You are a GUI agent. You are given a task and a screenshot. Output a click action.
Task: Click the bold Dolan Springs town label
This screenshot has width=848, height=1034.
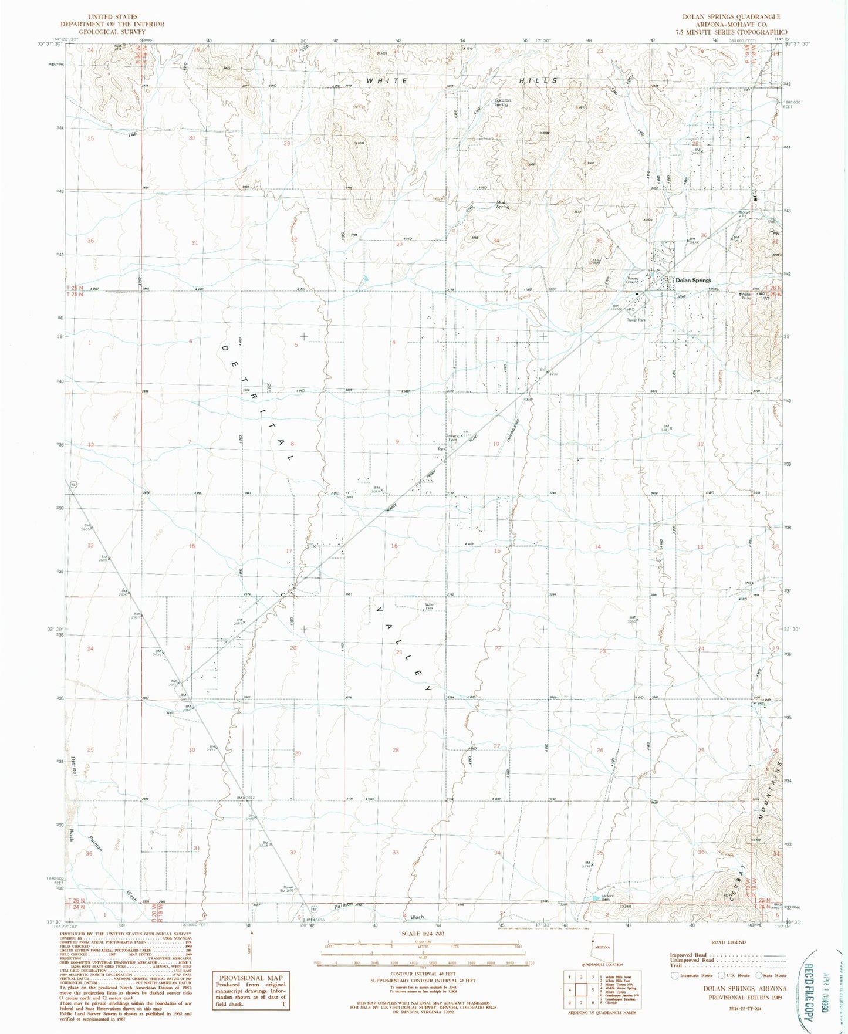693,281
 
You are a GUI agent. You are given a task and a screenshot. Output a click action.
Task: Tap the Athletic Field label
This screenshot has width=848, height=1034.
452,438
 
